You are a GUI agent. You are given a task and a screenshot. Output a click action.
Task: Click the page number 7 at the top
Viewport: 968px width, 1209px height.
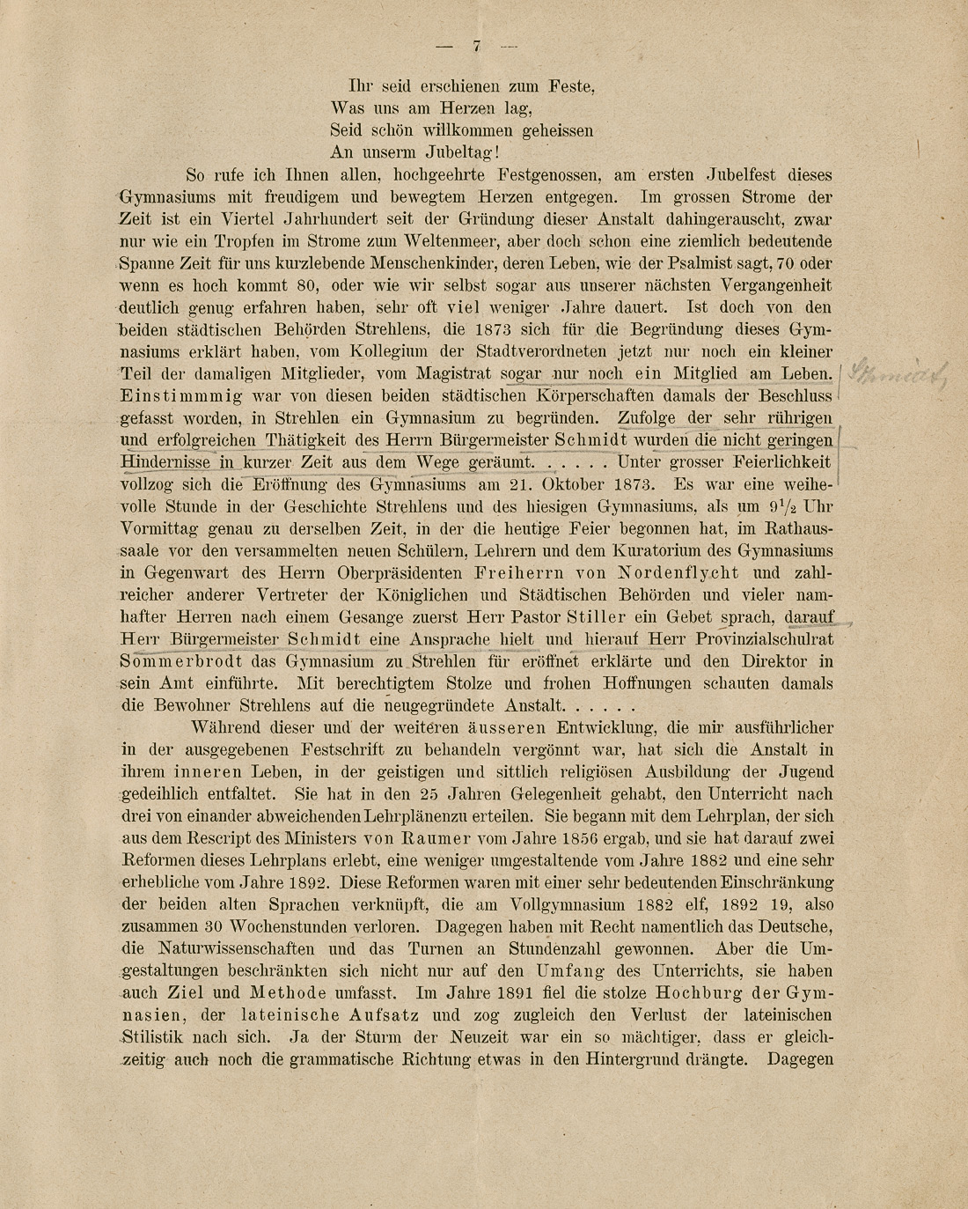tap(476, 47)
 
